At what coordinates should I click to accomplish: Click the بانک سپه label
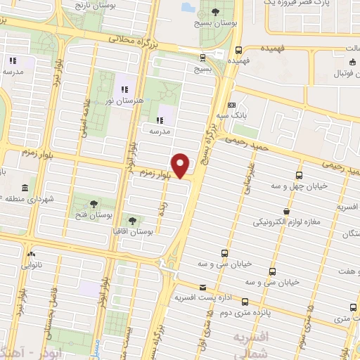coord(230,115)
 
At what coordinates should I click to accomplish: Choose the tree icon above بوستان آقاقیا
coord(132,220)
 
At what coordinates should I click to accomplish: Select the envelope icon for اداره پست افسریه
coord(203,287)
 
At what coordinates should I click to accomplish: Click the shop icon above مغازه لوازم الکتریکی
coord(285,211)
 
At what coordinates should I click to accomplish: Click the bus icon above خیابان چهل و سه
coord(300,175)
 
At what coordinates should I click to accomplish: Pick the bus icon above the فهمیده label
coord(238,50)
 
